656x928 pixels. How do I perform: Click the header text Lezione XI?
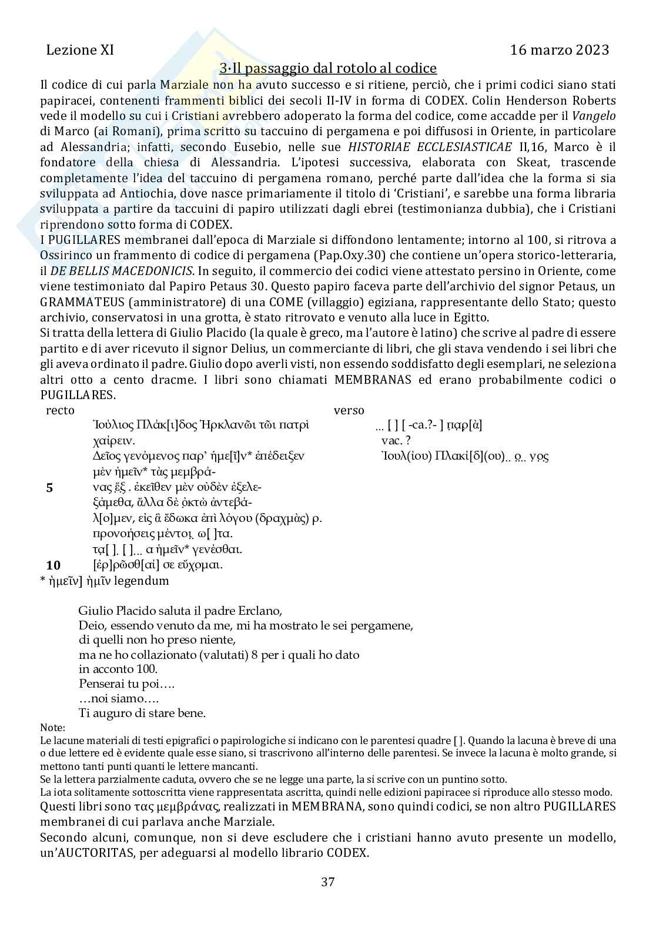[x=79, y=50]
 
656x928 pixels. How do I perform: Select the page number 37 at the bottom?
[x=328, y=882]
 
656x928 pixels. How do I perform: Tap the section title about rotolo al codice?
[x=328, y=68]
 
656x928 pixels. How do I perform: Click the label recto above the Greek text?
[x=60, y=410]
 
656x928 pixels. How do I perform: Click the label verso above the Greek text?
[x=349, y=410]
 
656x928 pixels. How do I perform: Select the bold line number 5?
[x=49, y=487]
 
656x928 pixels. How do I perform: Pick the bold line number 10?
[x=53, y=565]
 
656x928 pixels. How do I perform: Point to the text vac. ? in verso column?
[x=396, y=440]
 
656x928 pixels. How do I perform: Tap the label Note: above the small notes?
[x=53, y=728]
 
